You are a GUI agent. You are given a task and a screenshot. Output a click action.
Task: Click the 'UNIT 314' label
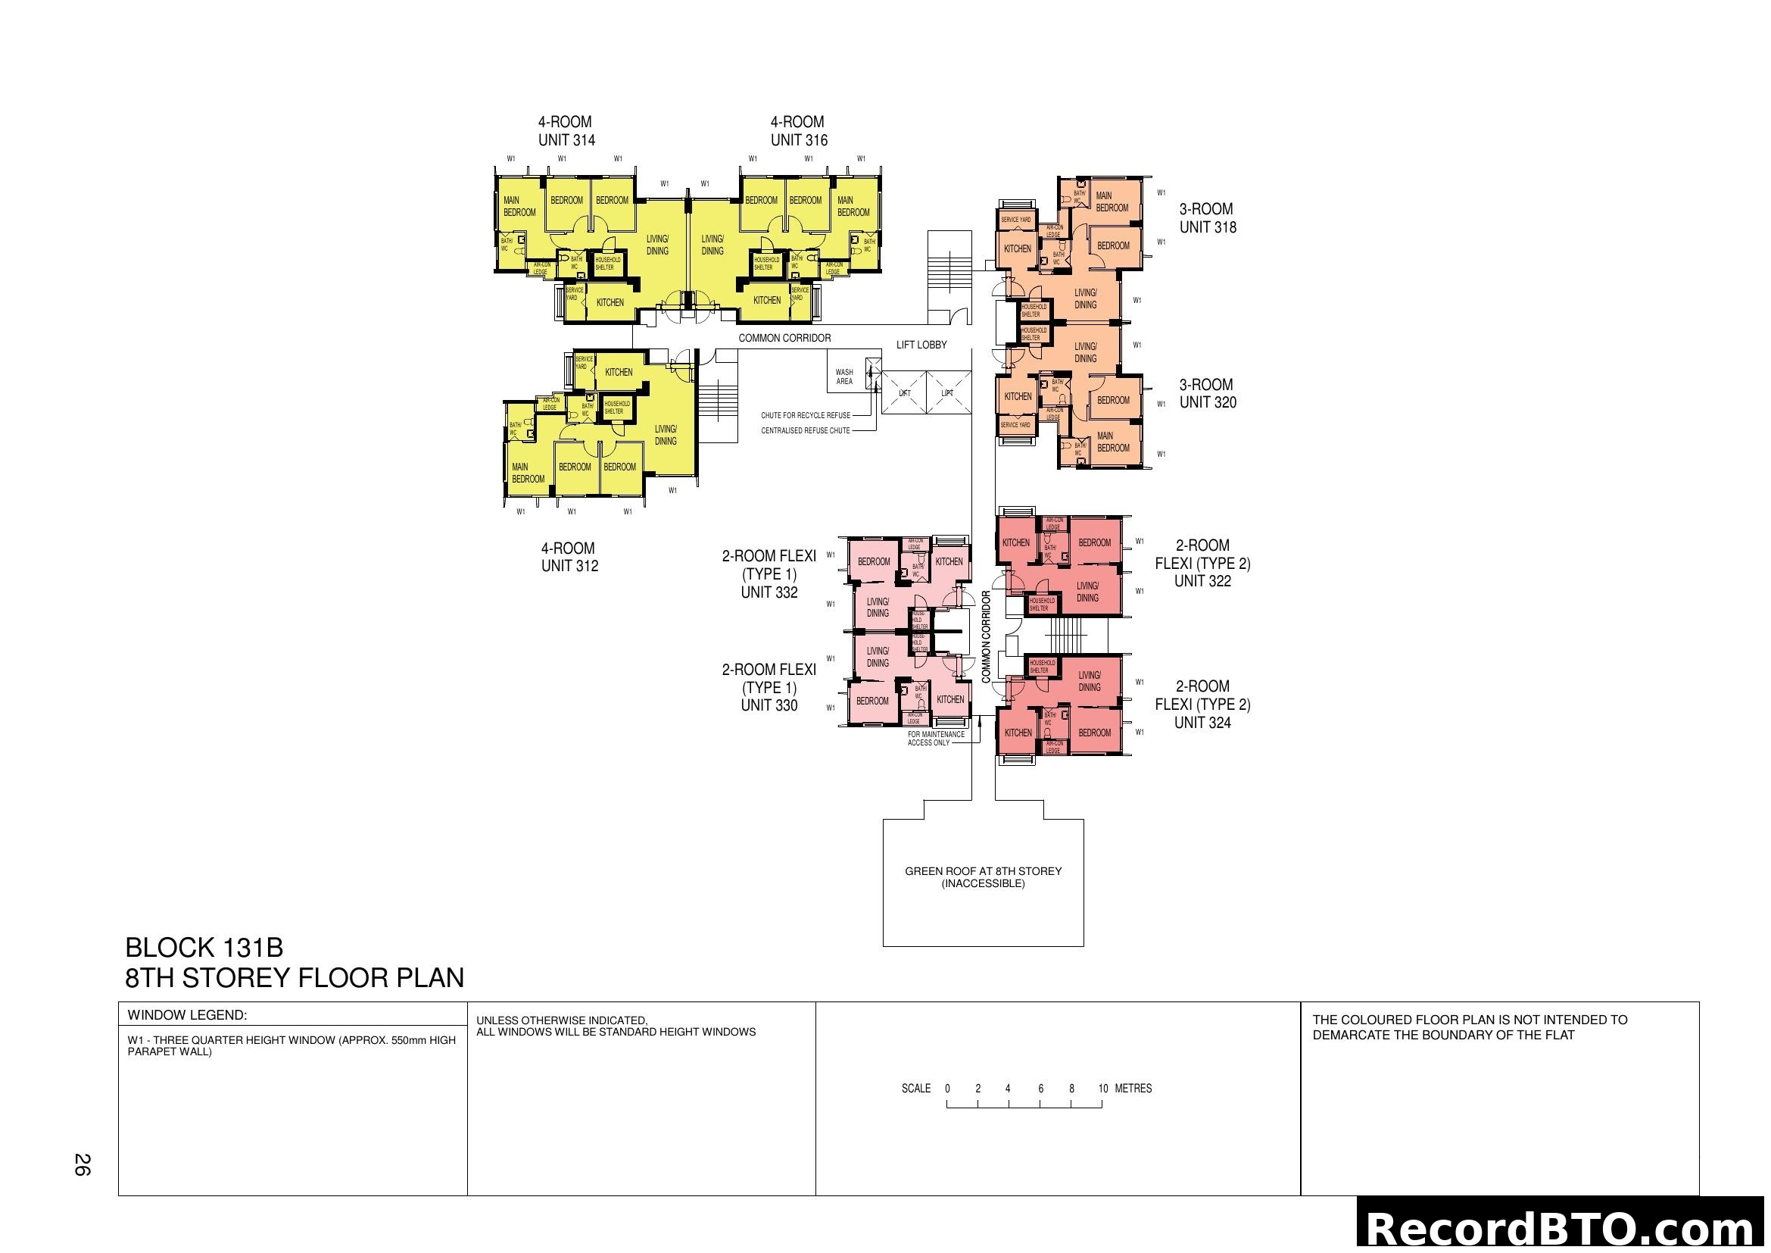566,140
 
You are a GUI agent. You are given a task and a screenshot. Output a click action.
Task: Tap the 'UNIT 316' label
798,140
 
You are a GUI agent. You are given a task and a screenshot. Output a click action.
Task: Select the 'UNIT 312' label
569,567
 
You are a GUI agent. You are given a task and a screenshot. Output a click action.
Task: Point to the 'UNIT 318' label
1207,227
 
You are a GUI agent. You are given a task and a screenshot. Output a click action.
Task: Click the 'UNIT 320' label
1207,403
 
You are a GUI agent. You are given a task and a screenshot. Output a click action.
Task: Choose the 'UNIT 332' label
769,592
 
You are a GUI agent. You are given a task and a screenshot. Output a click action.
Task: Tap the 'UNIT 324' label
1202,723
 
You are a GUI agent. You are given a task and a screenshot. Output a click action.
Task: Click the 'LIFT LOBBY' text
921,345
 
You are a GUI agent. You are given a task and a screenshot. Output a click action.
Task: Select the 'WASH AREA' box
845,377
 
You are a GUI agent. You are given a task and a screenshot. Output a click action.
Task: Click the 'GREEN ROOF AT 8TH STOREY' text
983,871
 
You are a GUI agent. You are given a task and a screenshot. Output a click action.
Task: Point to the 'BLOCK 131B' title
204,948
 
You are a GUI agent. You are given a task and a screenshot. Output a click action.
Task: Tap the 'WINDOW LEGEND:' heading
188,1015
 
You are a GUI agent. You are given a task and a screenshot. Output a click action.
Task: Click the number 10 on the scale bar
1103,1089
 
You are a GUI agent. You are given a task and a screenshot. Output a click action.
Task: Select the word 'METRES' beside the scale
1133,1089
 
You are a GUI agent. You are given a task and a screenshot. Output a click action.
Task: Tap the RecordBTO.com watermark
1563,1228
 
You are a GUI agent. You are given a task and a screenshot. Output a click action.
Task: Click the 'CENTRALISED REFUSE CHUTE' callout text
806,431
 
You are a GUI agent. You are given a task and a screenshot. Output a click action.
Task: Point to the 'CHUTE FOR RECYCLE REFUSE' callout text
806,416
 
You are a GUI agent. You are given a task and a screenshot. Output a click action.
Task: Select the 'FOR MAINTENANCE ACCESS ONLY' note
936,739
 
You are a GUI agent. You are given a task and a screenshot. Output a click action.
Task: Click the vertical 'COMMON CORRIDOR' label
986,637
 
